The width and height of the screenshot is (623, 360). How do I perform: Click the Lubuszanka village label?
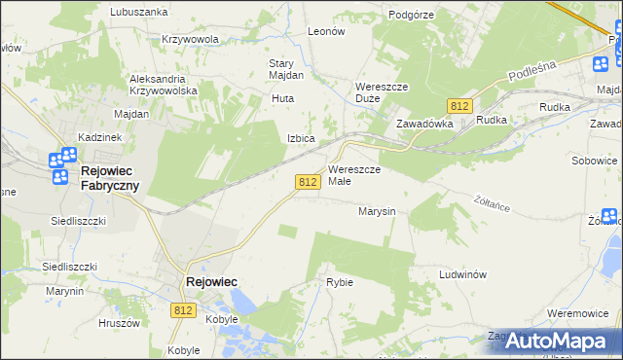[138, 12]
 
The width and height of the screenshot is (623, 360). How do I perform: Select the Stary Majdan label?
[286, 69]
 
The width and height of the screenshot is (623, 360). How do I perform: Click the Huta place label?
[282, 98]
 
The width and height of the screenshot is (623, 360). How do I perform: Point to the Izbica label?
[300, 138]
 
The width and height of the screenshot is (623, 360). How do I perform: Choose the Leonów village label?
[326, 31]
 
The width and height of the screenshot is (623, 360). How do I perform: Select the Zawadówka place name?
[424, 125]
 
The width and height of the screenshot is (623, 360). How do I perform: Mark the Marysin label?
[376, 210]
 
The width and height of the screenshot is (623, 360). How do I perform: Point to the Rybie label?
[340, 282]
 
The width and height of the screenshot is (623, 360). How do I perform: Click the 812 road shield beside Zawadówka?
[460, 105]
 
